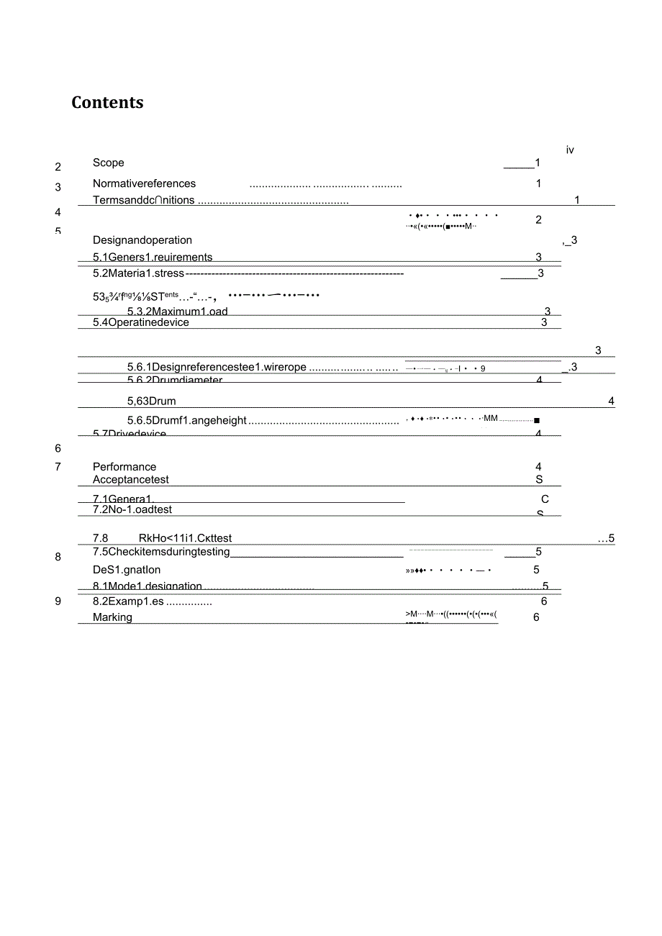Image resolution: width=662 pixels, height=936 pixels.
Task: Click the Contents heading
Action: coord(107,103)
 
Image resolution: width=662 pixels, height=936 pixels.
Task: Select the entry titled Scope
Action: coord(109,163)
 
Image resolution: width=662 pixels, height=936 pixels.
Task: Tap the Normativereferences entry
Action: coord(144,183)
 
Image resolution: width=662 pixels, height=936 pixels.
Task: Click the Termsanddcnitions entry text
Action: coord(144,200)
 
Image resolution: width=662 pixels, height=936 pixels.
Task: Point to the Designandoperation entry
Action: coord(142,240)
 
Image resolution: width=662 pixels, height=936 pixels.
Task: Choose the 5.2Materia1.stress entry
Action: coord(139,273)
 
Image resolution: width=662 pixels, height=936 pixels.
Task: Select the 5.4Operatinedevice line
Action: coord(141,322)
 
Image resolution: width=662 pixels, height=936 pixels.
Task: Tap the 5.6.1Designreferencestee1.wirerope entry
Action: coord(217,368)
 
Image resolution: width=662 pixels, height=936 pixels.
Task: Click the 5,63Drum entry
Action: coord(152,401)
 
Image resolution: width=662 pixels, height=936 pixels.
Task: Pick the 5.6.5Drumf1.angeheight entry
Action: coord(187,420)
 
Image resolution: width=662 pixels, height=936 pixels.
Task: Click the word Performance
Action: coord(124,467)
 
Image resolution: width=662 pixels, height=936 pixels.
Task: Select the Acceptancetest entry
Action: coord(131,480)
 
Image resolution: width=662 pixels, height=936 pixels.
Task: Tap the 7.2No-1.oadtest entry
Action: coord(132,510)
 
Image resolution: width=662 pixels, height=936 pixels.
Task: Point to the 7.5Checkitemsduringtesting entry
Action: coord(161,552)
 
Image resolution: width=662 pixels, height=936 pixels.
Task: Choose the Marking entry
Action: coord(112,617)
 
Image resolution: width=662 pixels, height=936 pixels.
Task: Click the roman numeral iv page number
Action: coord(570,150)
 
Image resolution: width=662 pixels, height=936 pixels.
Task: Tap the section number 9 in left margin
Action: coord(58,601)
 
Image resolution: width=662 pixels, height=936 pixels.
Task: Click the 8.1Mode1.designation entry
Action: coord(148,586)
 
